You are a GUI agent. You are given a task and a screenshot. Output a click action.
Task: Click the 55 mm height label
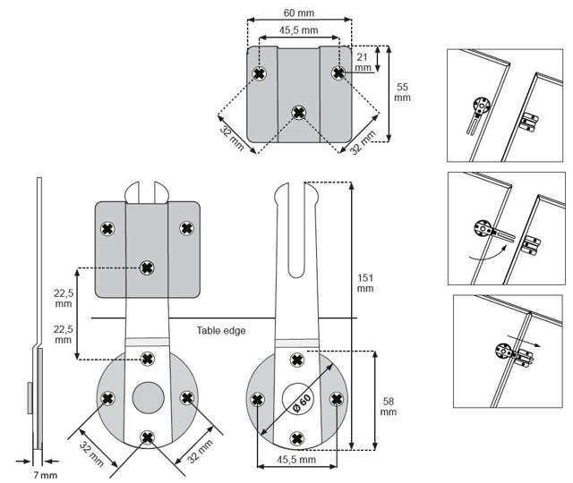[403, 92]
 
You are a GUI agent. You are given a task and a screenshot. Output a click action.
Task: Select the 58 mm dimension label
[388, 405]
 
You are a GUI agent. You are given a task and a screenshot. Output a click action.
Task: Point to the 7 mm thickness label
[43, 474]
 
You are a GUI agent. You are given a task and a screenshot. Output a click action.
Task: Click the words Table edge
[221, 330]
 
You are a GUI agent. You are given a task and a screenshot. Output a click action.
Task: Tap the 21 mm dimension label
[363, 61]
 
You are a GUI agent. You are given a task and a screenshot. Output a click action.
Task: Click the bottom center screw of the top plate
[299, 113]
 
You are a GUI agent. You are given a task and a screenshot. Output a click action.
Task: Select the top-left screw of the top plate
[260, 72]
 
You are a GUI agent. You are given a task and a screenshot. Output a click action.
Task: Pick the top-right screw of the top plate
[338, 72]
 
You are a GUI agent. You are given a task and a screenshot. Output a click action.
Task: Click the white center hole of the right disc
[297, 399]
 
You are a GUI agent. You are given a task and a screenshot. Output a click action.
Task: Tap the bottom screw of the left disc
[147, 436]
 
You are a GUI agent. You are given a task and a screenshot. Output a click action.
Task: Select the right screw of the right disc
[337, 399]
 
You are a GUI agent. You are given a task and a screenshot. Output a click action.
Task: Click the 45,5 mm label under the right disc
[296, 459]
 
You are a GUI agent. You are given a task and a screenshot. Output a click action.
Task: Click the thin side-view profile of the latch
[38, 313]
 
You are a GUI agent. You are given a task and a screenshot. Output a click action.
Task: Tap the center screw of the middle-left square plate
[148, 267]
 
